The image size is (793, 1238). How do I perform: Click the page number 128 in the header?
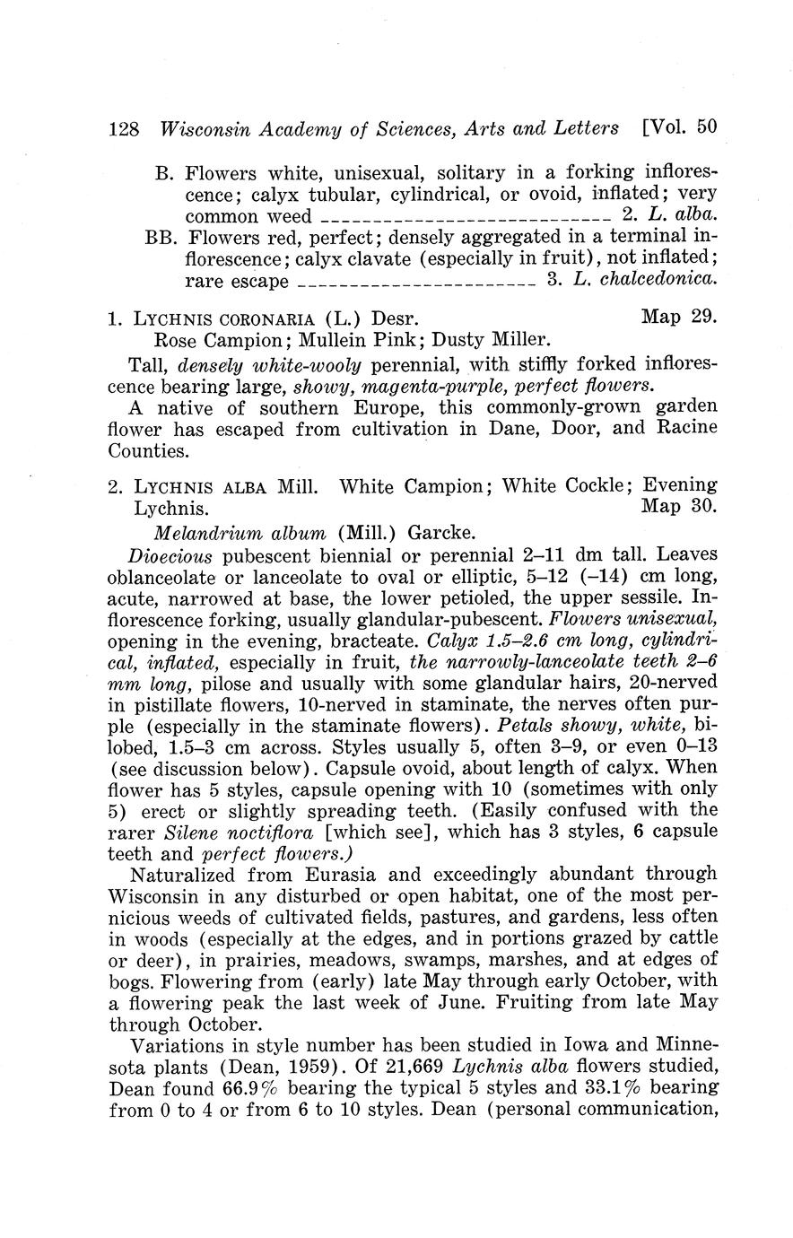123,128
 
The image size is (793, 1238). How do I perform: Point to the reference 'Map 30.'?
680,507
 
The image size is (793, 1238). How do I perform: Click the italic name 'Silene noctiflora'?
240,832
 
